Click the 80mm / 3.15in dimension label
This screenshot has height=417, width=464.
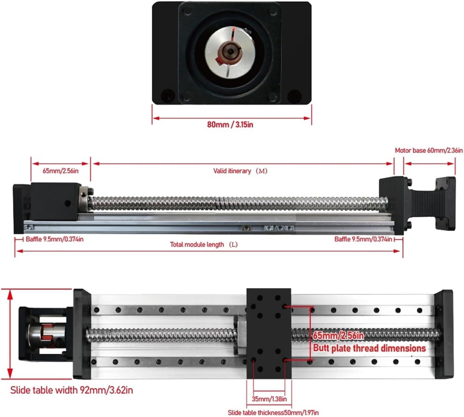(x=230, y=124)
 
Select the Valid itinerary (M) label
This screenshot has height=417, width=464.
(x=240, y=171)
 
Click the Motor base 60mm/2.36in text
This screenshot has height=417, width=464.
(x=429, y=150)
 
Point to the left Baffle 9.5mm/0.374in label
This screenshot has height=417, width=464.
(x=55, y=239)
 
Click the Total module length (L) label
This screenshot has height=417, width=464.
(x=204, y=244)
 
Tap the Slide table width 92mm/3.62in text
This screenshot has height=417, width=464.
(x=71, y=390)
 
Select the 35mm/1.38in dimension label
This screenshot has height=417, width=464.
(x=269, y=399)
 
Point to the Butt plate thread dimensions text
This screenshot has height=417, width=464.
(x=369, y=348)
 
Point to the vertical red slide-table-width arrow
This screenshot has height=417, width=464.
(x=10, y=334)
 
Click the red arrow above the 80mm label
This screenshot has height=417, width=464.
(x=232, y=118)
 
